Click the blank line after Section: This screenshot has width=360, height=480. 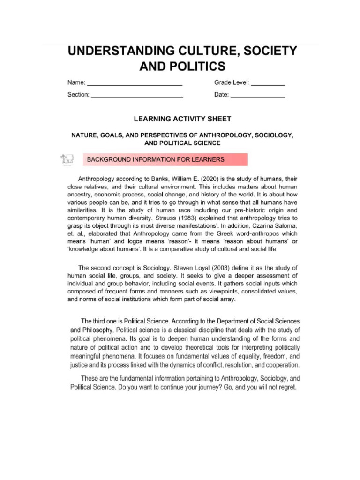[136, 96]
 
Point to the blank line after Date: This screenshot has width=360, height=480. [258, 96]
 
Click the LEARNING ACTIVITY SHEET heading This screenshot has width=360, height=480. [182, 119]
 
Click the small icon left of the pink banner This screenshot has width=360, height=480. [67, 159]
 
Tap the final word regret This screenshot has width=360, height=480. [286, 388]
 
